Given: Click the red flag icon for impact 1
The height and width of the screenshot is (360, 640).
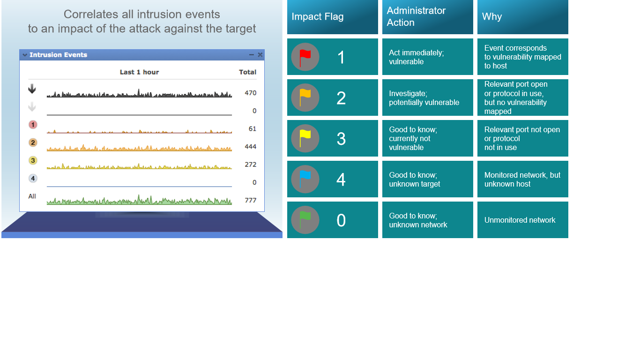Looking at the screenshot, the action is tap(305, 57).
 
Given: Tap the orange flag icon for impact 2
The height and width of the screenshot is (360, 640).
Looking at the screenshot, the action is tap(305, 97).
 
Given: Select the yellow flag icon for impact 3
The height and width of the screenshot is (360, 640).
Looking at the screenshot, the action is tap(305, 138).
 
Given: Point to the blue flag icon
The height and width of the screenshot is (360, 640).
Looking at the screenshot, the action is tap(305, 179).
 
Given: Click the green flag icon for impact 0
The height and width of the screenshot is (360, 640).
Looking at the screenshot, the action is tap(305, 220).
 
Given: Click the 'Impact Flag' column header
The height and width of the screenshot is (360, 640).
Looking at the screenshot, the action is tap(333, 17).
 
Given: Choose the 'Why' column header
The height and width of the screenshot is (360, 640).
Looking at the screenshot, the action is tap(522, 17).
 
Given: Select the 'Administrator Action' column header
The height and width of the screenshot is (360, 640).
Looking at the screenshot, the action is tap(427, 17).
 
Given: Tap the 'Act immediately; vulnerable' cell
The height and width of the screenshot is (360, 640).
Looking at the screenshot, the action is tap(427, 57).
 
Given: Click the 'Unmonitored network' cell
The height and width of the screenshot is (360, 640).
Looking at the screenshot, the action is tap(522, 220).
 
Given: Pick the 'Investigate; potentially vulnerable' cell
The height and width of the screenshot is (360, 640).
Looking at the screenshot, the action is tap(427, 97).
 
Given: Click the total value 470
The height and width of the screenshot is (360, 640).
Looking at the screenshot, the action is tap(250, 93).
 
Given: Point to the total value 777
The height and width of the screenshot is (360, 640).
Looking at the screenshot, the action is tap(250, 200).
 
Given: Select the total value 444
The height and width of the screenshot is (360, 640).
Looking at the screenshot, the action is tap(250, 147).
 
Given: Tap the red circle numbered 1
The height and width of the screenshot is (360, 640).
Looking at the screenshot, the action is tap(33, 125).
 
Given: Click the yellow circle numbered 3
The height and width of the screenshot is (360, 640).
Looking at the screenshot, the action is tap(33, 160).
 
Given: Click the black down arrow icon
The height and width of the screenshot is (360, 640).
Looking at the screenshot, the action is tap(32, 89).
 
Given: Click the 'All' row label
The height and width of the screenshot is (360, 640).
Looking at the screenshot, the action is tap(32, 196).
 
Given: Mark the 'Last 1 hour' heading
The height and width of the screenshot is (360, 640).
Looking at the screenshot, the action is tap(139, 72).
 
